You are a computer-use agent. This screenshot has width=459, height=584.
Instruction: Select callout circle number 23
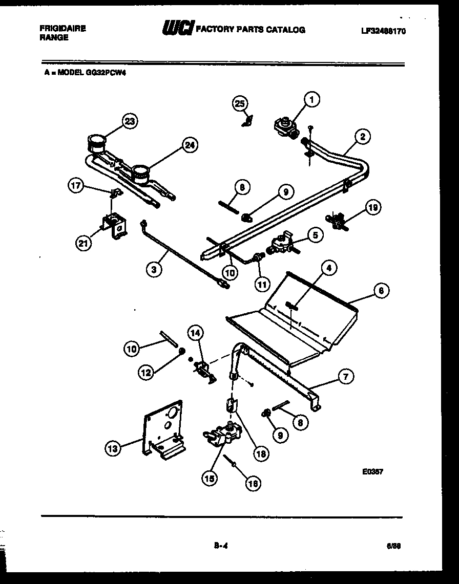(131, 121)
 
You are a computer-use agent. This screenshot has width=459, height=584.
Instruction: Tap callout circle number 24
(190, 145)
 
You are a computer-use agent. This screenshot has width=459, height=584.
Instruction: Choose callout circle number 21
(83, 244)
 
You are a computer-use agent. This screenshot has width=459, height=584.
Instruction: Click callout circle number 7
(345, 377)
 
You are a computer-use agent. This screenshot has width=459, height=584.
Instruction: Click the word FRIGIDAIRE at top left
(62, 29)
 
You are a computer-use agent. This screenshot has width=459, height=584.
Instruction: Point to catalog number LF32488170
(383, 31)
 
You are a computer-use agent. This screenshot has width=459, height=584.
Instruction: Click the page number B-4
(221, 546)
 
